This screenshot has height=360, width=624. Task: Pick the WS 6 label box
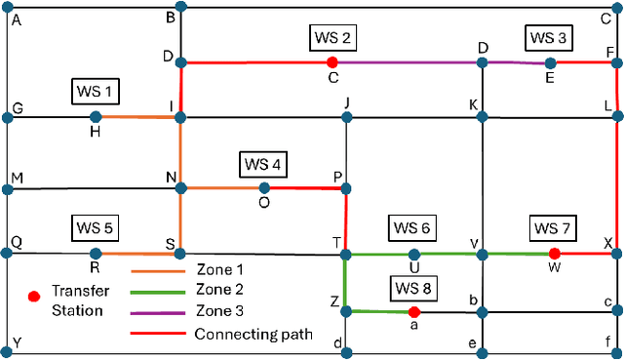411,228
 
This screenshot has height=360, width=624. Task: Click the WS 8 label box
414,288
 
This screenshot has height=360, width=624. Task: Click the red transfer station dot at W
555,254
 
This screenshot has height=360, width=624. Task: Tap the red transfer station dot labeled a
414,312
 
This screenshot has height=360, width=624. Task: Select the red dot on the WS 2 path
332,62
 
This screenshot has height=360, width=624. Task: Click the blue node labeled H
95,117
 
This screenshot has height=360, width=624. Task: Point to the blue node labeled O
264,187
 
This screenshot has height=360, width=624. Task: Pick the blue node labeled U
414,255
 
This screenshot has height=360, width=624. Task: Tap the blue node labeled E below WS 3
550,63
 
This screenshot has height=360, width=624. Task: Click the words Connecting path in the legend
253,334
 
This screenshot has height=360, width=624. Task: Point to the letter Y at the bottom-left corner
16,344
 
